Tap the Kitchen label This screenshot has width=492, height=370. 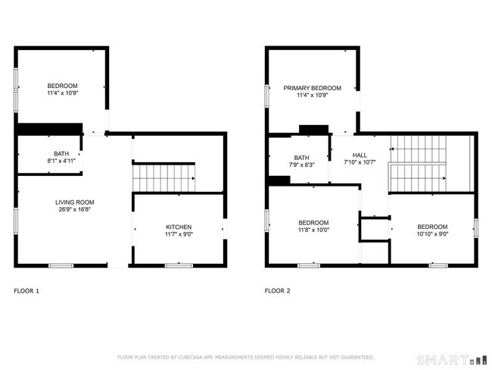pyautogui.click(x=179, y=227)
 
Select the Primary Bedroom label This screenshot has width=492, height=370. pyautogui.click(x=312, y=88)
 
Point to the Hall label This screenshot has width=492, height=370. pyautogui.click(x=360, y=154)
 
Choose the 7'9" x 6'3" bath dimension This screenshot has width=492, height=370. pyautogui.click(x=301, y=165)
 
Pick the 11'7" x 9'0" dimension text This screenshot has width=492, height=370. pyautogui.click(x=179, y=234)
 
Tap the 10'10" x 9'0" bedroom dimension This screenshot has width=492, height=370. pyautogui.click(x=432, y=234)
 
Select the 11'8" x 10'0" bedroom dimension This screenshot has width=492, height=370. pyautogui.click(x=313, y=230)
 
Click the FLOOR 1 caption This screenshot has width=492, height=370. pyautogui.click(x=26, y=290)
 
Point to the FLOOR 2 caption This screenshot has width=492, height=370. pyautogui.click(x=277, y=290)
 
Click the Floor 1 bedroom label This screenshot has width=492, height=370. pyautogui.click(x=62, y=85)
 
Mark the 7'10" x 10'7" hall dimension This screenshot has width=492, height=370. pyautogui.click(x=360, y=161)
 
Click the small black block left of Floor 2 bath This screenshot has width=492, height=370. pyautogui.click(x=279, y=180)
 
